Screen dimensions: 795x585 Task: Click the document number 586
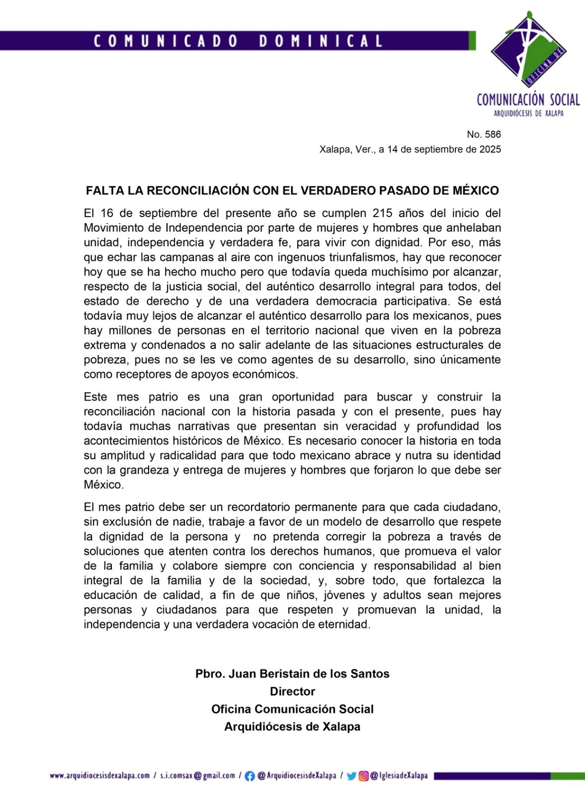click(491, 134)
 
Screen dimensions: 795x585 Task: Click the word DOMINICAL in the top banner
click(321, 41)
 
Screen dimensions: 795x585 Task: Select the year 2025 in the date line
click(490, 149)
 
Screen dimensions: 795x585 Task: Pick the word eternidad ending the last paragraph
click(346, 625)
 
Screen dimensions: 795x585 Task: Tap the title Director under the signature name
click(292, 692)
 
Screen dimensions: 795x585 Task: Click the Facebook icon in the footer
click(250, 776)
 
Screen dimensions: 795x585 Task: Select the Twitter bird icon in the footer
click(351, 776)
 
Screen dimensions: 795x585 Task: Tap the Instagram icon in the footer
click(364, 776)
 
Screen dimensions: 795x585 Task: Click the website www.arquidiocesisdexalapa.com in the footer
click(99, 776)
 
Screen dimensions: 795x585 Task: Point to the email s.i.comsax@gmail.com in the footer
click(197, 776)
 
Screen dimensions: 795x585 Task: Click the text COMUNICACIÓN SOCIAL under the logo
click(528, 100)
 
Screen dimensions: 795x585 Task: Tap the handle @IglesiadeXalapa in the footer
click(399, 776)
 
